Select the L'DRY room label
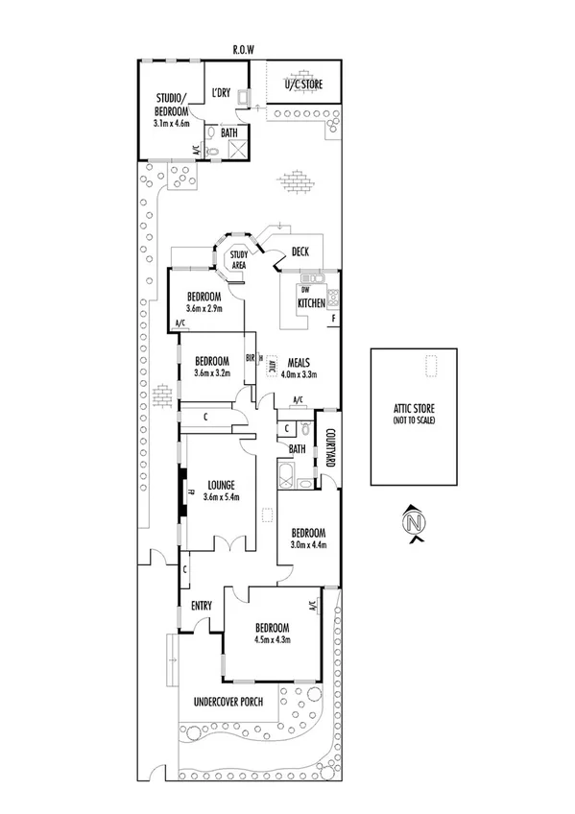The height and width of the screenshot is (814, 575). (222, 93)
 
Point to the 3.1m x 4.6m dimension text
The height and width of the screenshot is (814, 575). (174, 123)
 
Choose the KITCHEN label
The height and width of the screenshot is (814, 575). (313, 302)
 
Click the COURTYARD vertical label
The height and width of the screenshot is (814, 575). (329, 448)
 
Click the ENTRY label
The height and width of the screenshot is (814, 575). (202, 606)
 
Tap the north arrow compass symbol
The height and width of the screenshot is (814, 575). (414, 524)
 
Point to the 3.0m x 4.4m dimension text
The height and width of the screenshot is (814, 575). (308, 545)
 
